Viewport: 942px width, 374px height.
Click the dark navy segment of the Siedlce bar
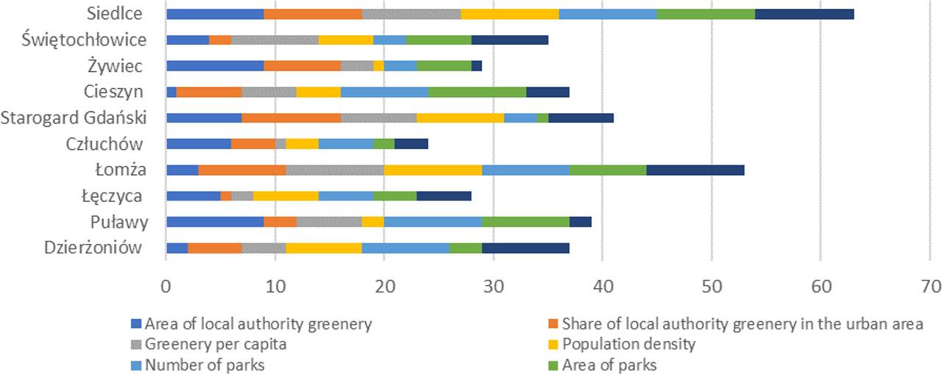pos(804,14)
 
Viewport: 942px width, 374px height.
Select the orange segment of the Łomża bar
pos(243,170)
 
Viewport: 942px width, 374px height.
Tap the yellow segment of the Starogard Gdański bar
pos(461,118)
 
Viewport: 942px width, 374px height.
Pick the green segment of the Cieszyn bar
pos(478,92)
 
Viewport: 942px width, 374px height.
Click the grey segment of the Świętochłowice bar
pos(275,40)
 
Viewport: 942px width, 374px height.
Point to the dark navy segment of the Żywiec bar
pos(477,65)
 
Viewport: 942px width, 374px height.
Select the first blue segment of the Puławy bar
pos(215,222)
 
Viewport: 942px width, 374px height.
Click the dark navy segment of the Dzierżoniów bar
pos(525,248)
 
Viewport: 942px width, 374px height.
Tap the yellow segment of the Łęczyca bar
pos(286,195)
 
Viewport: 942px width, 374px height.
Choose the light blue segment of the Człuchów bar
pos(346,143)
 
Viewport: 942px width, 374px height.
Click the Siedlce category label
pos(115,14)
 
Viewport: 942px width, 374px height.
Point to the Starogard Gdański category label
pos(74,118)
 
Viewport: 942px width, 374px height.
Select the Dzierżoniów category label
pos(82,248)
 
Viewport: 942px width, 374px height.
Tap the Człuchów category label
pos(104,143)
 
